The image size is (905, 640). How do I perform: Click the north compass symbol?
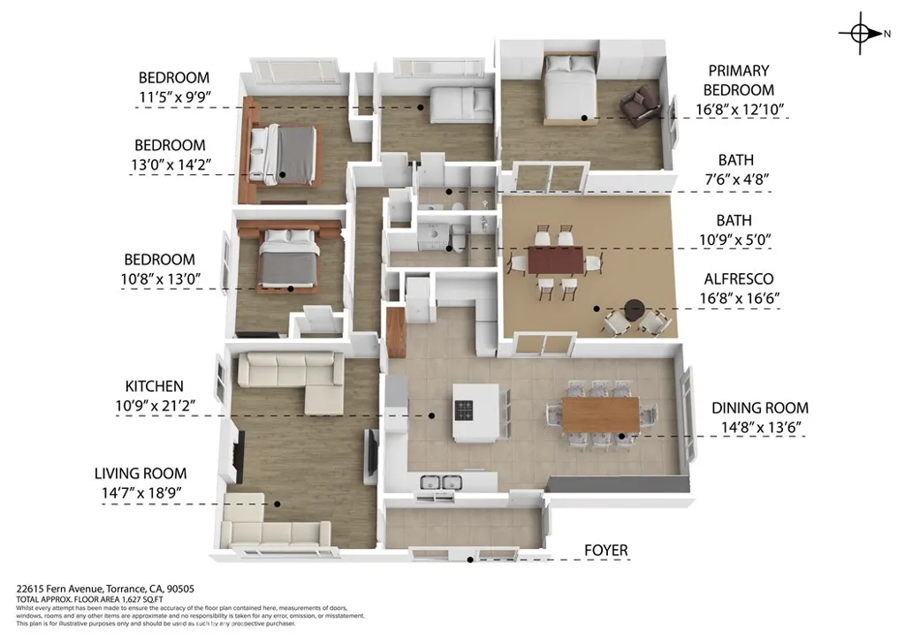860,34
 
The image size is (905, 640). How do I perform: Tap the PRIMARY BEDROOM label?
739,80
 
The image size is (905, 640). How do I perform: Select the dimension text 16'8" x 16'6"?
737,299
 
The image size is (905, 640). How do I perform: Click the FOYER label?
605,551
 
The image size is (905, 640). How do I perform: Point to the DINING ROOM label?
760,408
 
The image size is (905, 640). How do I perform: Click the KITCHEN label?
154,386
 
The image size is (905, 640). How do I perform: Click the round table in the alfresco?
634,309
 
